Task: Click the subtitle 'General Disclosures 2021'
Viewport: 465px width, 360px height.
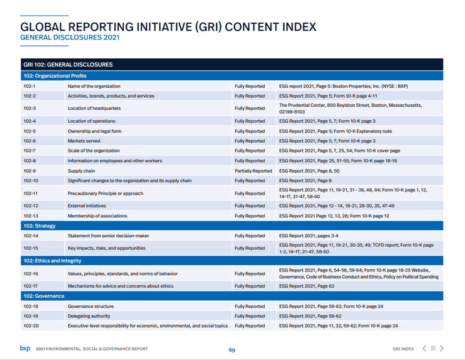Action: [70, 38]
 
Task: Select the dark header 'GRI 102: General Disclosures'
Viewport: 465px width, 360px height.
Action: [68, 65]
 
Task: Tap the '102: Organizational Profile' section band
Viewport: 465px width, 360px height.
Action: [54, 76]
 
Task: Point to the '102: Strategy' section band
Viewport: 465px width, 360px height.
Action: [39, 226]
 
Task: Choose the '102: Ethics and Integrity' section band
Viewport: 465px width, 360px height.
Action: [52, 260]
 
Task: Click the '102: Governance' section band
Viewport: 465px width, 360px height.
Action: [43, 296]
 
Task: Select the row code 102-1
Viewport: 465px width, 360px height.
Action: [29, 86]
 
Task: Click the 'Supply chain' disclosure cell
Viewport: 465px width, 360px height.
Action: [81, 171]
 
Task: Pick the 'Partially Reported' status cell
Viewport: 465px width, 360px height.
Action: [253, 171]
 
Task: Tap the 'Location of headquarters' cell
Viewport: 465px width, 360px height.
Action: [94, 108]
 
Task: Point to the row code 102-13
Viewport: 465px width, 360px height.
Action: [30, 216]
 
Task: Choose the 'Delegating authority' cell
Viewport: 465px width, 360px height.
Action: [89, 316]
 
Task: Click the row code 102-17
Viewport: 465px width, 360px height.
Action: [30, 286]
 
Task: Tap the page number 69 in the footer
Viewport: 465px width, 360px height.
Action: [232, 350]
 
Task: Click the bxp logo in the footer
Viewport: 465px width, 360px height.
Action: [25, 348]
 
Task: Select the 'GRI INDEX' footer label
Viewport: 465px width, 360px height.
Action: [403, 349]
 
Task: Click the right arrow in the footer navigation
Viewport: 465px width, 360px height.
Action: [442, 348]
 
